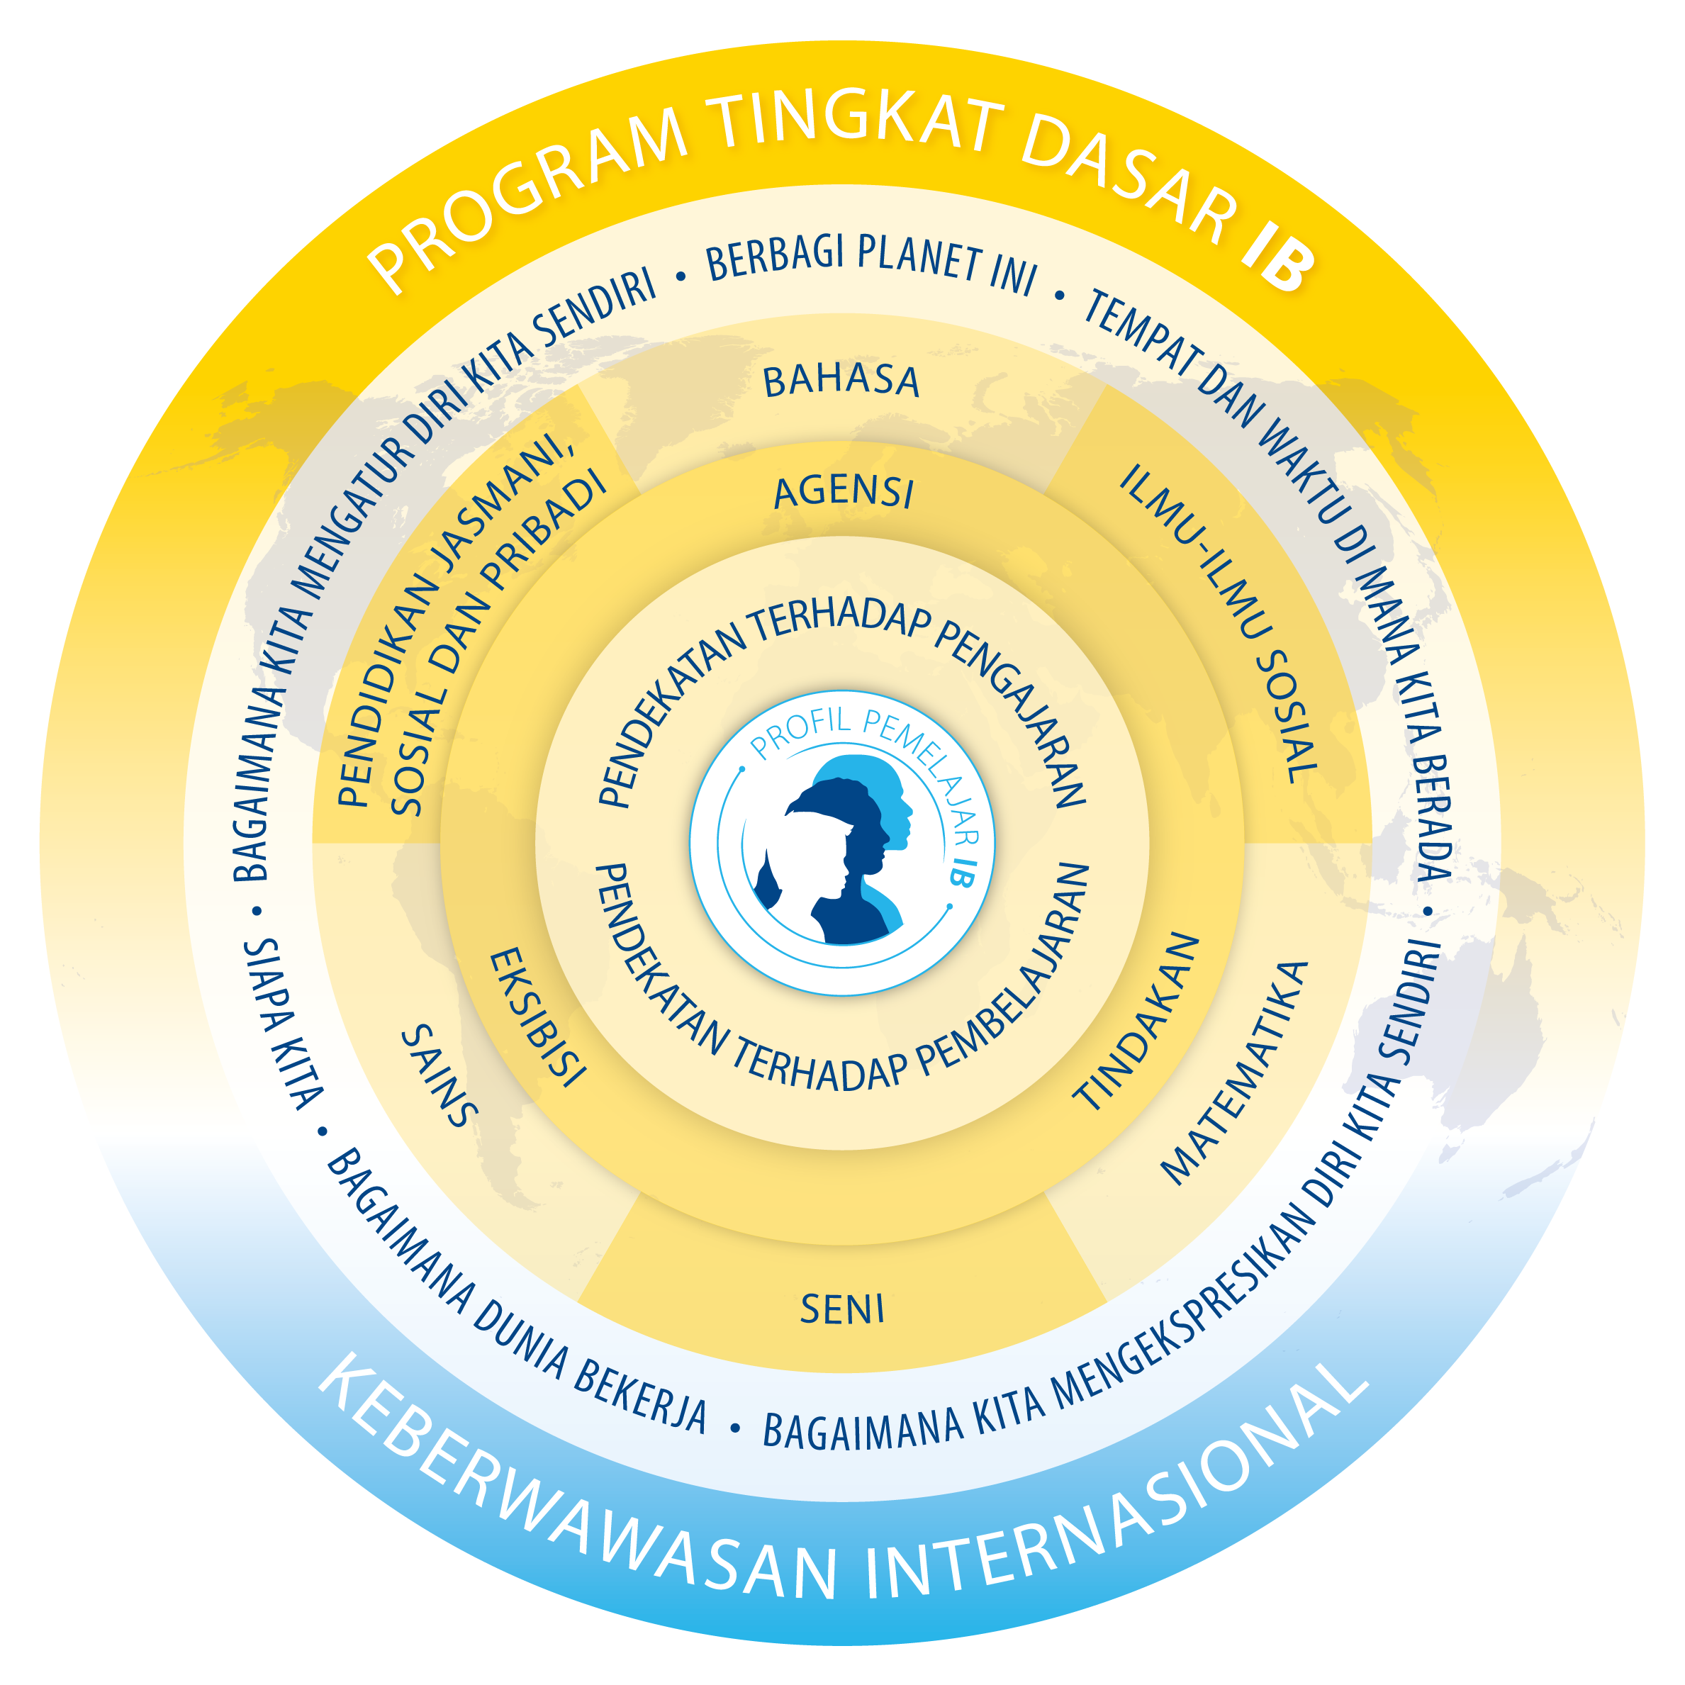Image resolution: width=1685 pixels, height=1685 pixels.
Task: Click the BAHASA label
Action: coord(841,382)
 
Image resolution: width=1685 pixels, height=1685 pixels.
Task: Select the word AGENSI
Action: coord(844,493)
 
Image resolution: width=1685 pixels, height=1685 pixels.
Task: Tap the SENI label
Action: coord(842,1310)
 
